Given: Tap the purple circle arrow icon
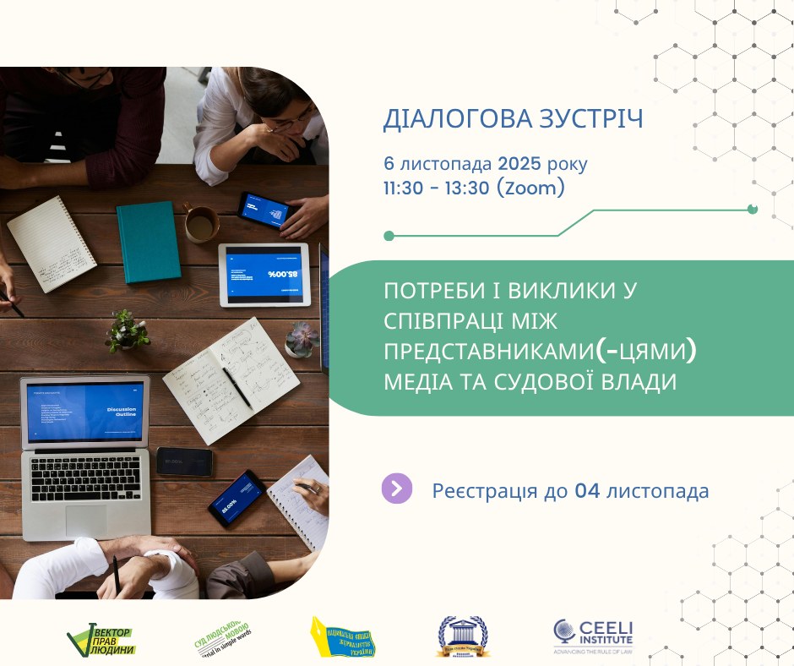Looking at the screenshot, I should point(397,489).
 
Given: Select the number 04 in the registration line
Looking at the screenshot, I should point(587,490).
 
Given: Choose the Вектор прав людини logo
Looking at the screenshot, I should point(102,639).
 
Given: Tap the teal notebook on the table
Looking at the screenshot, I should point(148,241).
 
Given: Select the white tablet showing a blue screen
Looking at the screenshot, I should point(264,274).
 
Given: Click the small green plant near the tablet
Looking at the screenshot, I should point(127,330).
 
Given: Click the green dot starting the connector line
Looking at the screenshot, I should point(389,236).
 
